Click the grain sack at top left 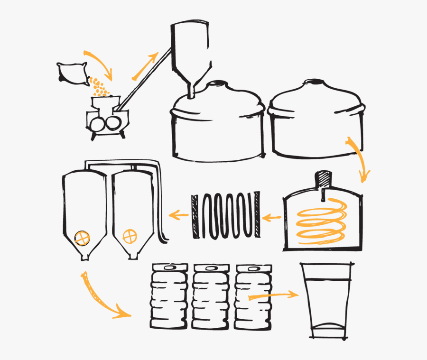pos(73,74)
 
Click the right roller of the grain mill pos(114,123)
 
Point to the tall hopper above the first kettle pos(190,50)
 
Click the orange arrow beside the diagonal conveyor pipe pos(144,66)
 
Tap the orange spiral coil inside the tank pos(321,221)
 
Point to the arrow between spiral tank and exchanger pos(272,218)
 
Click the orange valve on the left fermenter pos(83,238)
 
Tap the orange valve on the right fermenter pos(129,236)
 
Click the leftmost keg pos(169,296)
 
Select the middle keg pos(211,296)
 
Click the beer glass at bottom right pos(327,301)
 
